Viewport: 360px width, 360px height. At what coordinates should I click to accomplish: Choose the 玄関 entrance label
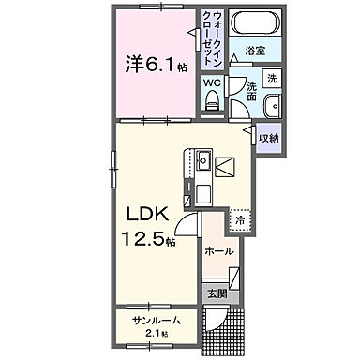(x=216, y=292)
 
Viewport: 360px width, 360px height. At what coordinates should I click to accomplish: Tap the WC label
(x=212, y=82)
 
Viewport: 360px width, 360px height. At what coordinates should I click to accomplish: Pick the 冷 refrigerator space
(x=239, y=221)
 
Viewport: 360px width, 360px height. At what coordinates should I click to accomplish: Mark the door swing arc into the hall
(x=190, y=225)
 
